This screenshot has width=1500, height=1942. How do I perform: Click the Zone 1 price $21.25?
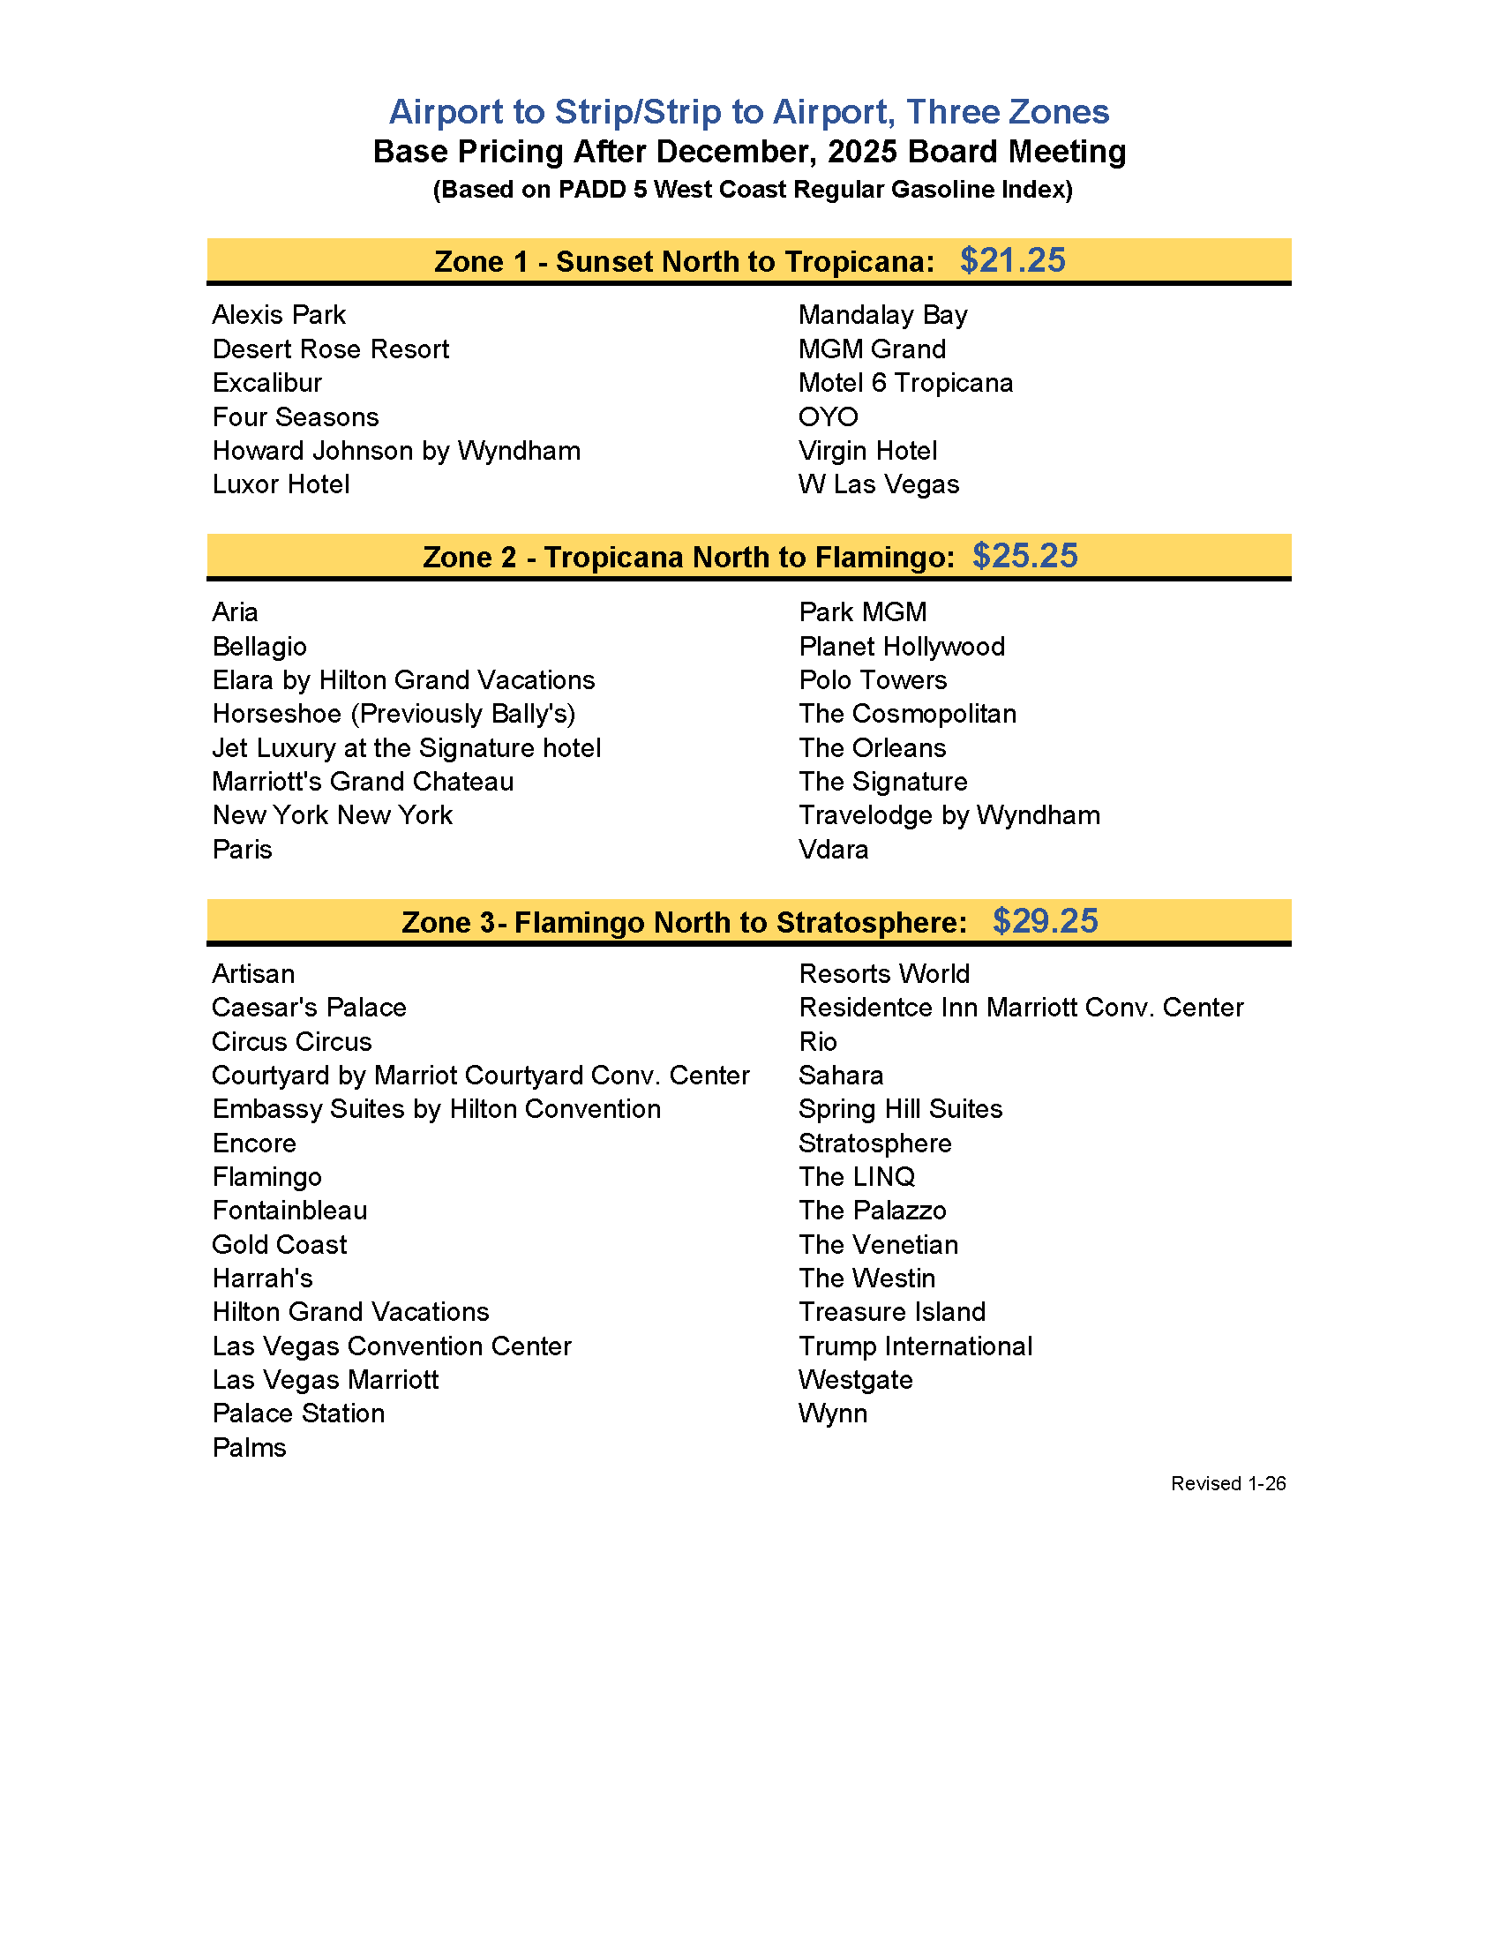coord(1012,260)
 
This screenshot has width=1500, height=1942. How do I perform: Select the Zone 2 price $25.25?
coord(1024,556)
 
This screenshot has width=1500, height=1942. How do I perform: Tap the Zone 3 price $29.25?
coord(1045,921)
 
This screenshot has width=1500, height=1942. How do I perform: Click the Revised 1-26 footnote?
coord(1228,1483)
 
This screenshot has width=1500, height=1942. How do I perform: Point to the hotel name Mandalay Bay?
coord(882,315)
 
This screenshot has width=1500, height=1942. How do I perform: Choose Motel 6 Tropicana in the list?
coord(905,383)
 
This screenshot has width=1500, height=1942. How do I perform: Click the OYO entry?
coord(828,417)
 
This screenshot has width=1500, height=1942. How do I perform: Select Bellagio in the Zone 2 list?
coord(259,647)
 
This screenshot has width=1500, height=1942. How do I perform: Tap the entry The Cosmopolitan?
coord(907,714)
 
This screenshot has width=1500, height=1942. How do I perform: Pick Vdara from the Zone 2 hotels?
coord(833,849)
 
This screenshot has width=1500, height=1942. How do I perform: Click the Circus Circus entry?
coord(292,1041)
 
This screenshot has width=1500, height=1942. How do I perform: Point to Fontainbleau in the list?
coord(290,1211)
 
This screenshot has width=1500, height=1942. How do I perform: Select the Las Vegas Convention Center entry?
coord(391,1346)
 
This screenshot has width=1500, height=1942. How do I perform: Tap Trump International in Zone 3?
coord(915,1346)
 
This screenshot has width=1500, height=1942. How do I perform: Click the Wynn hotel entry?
coord(832,1413)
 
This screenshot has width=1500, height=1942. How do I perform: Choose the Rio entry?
coord(818,1041)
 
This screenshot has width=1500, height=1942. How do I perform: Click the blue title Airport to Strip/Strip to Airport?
coord(748,112)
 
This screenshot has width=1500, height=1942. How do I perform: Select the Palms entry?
coord(249,1448)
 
